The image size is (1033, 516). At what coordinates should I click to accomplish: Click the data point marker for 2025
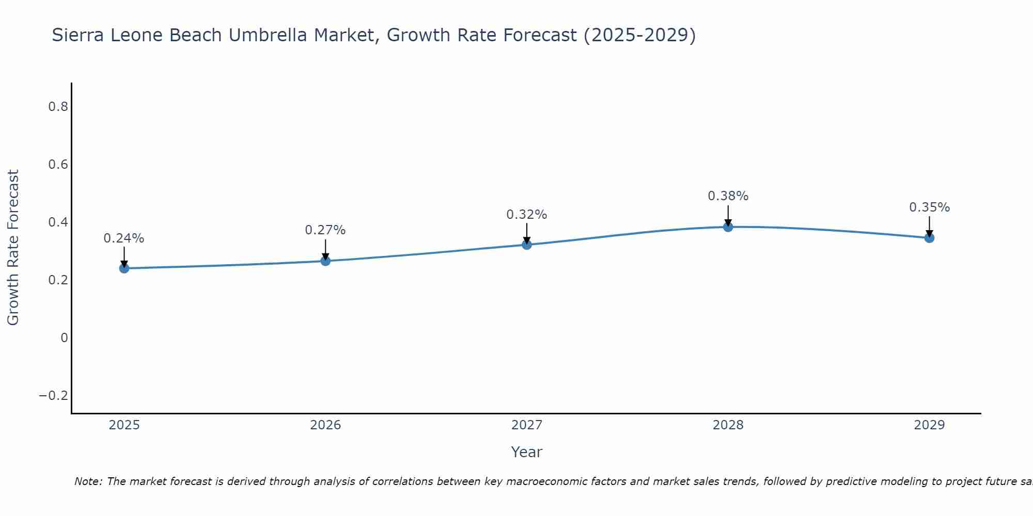tap(124, 268)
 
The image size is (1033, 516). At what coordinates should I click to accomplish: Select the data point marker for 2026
tap(325, 261)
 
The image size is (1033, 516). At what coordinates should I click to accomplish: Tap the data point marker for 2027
tap(527, 245)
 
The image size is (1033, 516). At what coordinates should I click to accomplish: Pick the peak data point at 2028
tap(728, 227)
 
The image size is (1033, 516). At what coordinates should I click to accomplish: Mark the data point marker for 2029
tap(929, 238)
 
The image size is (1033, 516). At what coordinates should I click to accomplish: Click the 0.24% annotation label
tap(124, 238)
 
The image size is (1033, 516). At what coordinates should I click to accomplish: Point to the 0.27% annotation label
tap(325, 230)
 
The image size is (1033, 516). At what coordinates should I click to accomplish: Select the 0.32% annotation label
tap(527, 215)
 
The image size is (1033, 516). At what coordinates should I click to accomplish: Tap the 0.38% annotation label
tap(728, 196)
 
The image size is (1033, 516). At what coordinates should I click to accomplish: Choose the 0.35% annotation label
tap(929, 207)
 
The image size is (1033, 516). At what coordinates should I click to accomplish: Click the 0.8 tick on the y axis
tap(58, 107)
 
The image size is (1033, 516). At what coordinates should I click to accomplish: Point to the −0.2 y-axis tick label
tap(54, 396)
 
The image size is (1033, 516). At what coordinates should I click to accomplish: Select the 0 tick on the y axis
tap(64, 338)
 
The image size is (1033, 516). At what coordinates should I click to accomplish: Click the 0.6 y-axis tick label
tap(58, 165)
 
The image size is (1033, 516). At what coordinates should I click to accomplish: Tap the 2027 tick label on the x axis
tap(527, 425)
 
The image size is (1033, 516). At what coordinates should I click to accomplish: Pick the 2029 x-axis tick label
tap(929, 425)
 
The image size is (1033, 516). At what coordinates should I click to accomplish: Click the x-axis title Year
tap(527, 452)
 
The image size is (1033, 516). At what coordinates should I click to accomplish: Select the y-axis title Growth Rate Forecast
tap(13, 248)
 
